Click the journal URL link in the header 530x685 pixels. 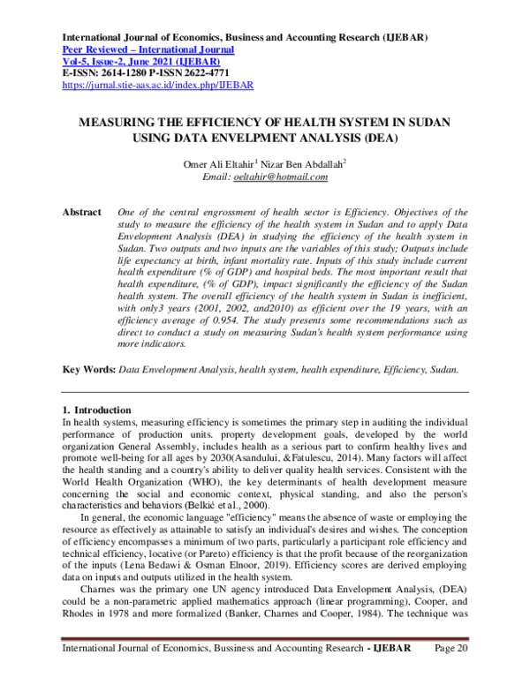(x=157, y=86)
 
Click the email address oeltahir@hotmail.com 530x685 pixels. (x=280, y=177)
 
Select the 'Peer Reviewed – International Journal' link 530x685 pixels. (x=146, y=51)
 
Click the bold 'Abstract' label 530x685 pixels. (x=79, y=213)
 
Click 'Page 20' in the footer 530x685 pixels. (x=451, y=674)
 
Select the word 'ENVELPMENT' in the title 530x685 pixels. (x=270, y=139)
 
